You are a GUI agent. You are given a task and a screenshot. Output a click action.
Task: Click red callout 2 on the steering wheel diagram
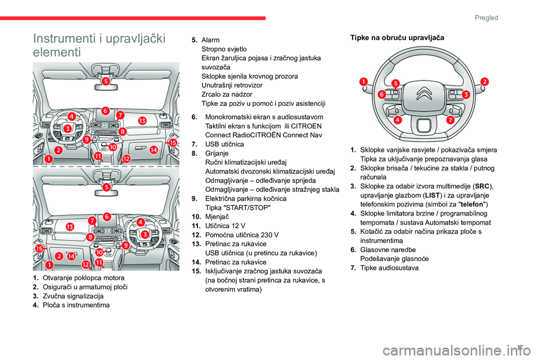pyautogui.click(x=484, y=82)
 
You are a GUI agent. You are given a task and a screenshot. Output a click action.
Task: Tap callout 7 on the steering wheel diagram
pyautogui.click(x=450, y=120)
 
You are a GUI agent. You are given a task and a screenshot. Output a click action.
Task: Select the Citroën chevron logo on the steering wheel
pyautogui.click(x=425, y=94)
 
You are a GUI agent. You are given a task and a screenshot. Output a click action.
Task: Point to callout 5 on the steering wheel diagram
pyautogui.click(x=396, y=83)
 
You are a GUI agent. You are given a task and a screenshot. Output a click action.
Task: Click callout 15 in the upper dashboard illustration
pyautogui.click(x=173, y=143)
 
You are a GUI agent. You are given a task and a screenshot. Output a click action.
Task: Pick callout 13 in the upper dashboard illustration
pyautogui.click(x=143, y=120)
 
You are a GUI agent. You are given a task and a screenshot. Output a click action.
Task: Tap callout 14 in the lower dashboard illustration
pyautogui.click(x=71, y=256)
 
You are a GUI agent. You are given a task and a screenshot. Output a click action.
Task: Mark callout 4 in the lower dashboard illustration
pyautogui.click(x=141, y=222)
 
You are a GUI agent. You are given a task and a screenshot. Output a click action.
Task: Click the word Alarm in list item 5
pyautogui.click(x=210, y=40)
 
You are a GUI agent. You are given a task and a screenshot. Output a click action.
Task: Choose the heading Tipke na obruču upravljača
pyautogui.click(x=397, y=38)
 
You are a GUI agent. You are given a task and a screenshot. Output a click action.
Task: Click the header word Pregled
pyautogui.click(x=487, y=17)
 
